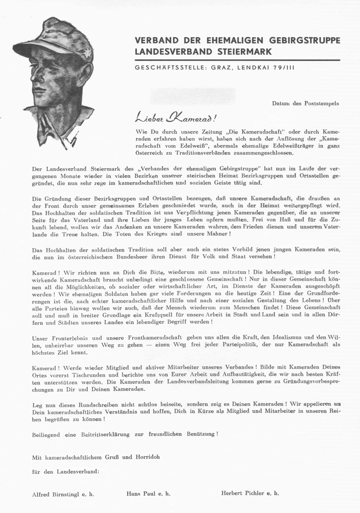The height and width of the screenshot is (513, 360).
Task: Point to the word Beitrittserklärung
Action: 107,434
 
